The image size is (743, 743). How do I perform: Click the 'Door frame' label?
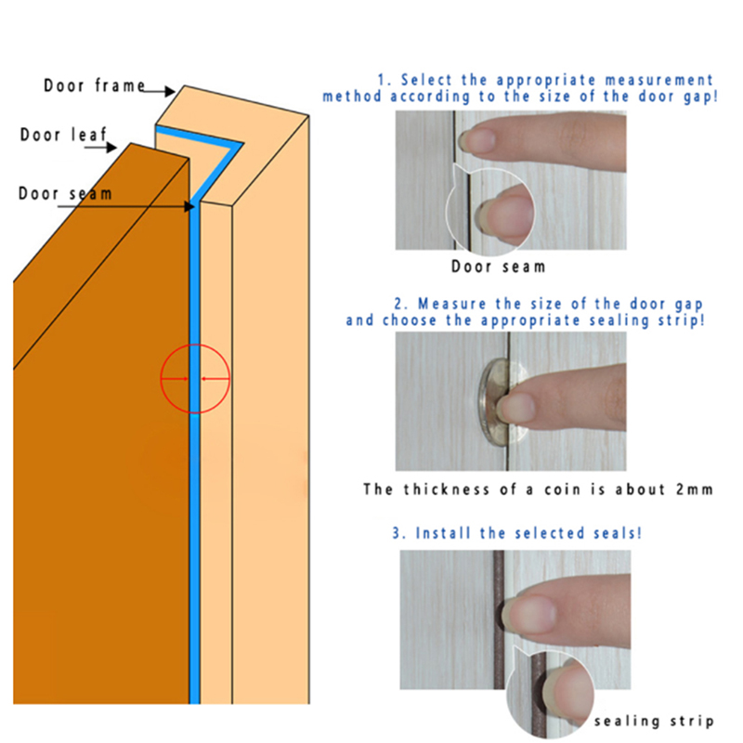tap(95, 85)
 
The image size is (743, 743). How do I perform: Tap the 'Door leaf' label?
tap(63, 135)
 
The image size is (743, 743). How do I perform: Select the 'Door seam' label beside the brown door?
tap(65, 193)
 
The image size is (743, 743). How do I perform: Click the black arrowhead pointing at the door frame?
tap(170, 91)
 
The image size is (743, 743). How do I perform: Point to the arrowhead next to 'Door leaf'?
tap(111, 148)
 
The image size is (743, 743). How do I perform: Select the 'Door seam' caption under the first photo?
tap(498, 267)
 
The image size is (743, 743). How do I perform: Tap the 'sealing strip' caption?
tap(654, 722)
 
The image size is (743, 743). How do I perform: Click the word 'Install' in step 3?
tap(443, 533)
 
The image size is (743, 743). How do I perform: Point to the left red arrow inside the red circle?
tap(175, 379)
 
